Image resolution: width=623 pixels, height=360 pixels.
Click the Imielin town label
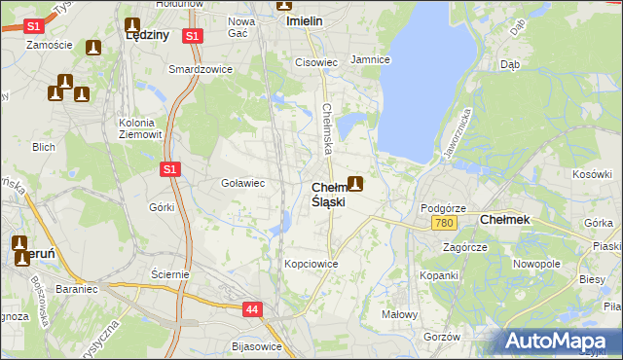point(302,19)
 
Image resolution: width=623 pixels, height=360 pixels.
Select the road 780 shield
point(445,224)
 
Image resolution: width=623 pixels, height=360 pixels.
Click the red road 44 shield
point(252,309)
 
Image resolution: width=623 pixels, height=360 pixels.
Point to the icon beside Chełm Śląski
point(356,183)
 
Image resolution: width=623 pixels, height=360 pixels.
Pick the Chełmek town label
point(505,220)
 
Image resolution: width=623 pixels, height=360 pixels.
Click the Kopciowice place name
point(311,264)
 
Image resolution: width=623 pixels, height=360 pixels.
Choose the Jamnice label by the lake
point(370,59)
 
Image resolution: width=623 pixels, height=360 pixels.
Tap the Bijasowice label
point(257,346)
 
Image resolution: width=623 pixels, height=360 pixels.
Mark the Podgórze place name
point(443,208)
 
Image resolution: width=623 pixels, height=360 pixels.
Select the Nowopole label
point(537,264)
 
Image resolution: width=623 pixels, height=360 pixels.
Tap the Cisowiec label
point(315,62)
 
